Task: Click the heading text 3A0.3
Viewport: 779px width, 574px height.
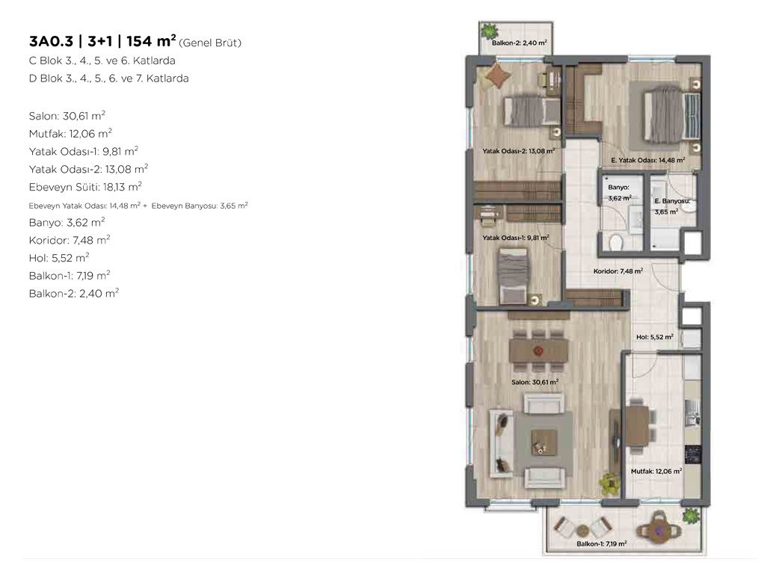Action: [x=51, y=41]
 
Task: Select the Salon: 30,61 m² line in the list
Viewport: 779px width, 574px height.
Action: [x=67, y=116]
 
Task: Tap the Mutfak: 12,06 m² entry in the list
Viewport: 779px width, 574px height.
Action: [x=70, y=134]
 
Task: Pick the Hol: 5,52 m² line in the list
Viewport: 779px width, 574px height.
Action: [x=59, y=258]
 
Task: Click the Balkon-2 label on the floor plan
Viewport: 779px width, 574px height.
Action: [x=519, y=43]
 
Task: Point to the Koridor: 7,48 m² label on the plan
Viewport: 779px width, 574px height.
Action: [x=618, y=271]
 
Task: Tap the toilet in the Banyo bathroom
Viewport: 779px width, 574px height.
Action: [x=616, y=242]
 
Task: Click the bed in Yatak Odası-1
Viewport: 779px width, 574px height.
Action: [x=513, y=276]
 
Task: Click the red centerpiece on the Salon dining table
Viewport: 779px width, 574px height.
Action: [x=538, y=351]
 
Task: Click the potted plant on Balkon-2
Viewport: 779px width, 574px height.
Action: [x=489, y=32]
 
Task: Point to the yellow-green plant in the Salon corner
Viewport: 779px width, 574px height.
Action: [x=609, y=483]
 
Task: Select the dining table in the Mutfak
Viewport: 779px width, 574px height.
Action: [x=638, y=425]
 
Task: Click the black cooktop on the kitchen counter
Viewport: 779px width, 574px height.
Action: [x=692, y=454]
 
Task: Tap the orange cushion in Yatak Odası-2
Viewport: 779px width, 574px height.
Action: [x=498, y=76]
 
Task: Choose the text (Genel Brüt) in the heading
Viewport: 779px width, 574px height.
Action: [x=209, y=43]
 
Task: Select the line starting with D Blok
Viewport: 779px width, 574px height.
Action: [x=109, y=78]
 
